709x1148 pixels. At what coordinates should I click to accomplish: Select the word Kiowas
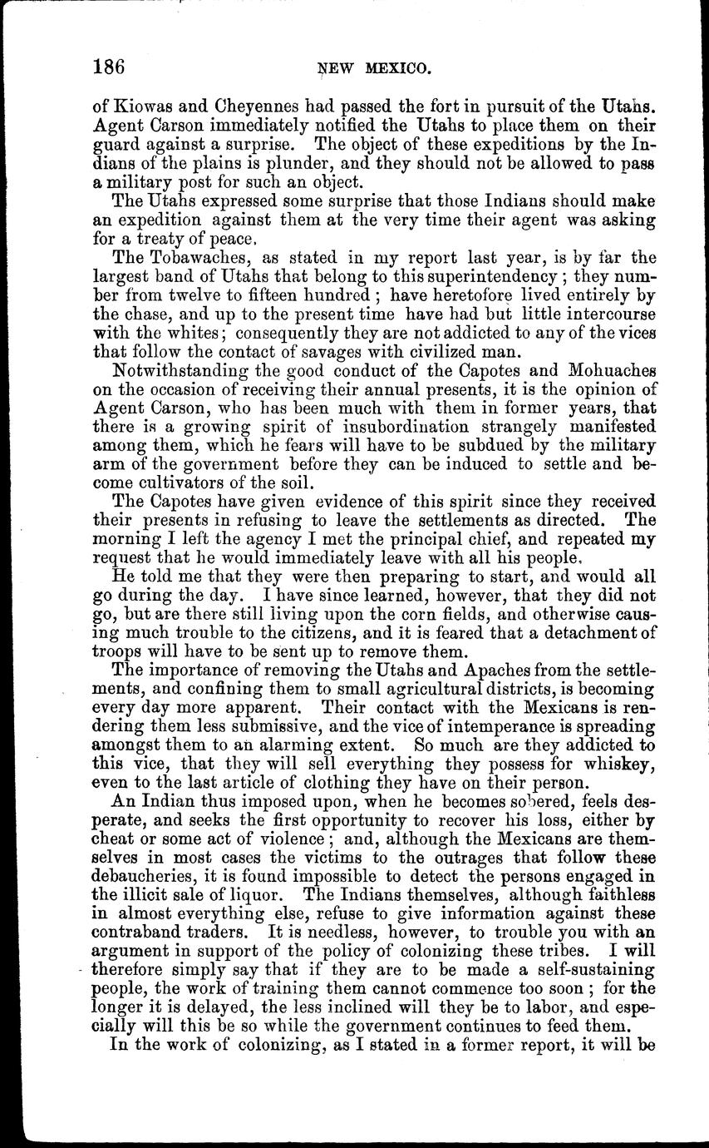pos(138,106)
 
